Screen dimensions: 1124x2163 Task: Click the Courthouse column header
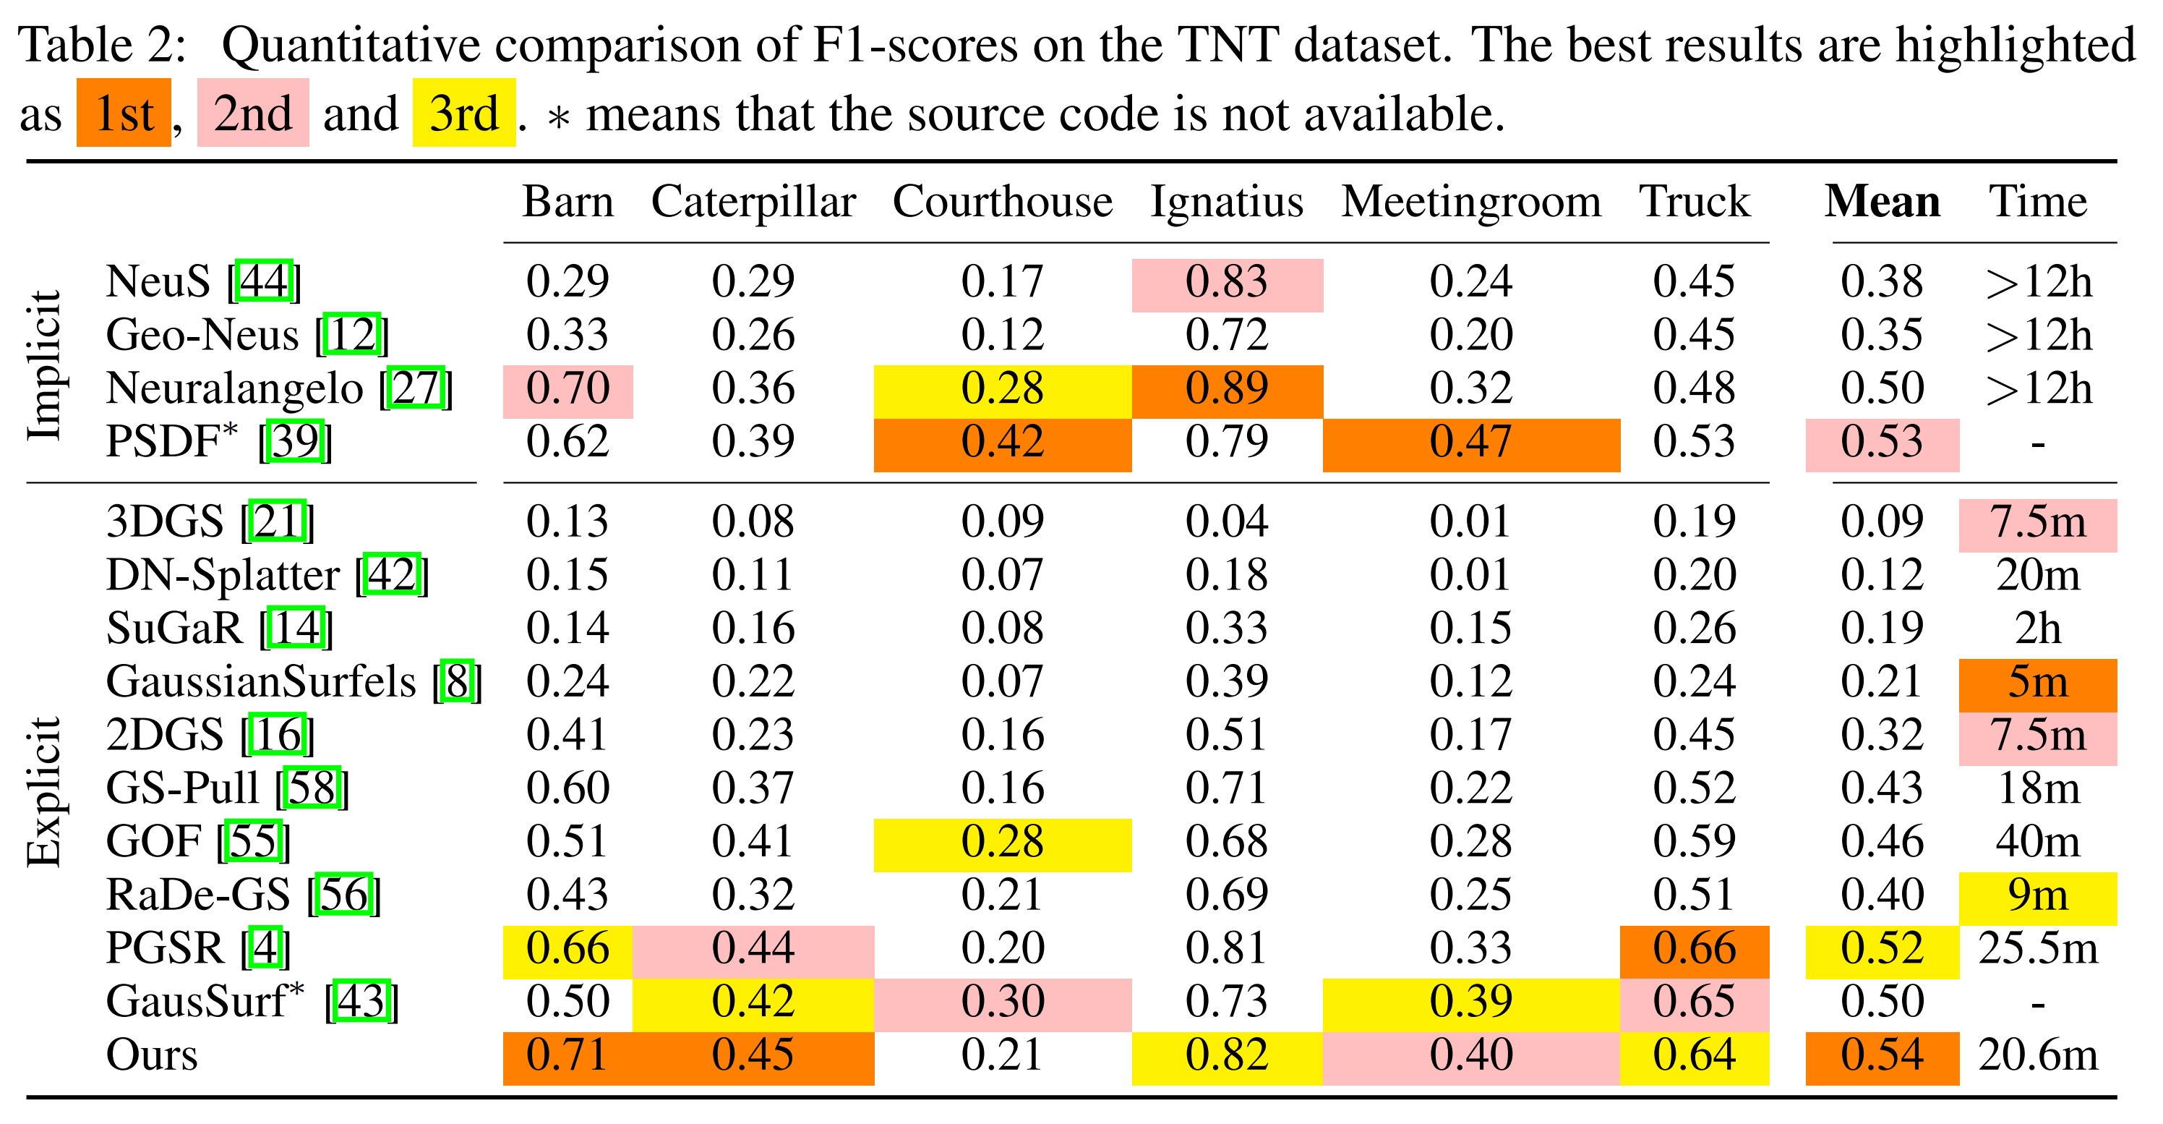tap(1002, 203)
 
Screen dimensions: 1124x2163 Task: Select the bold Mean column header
tap(1882, 203)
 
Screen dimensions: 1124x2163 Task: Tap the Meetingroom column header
tap(1470, 203)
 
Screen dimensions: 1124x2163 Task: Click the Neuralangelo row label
tap(234, 389)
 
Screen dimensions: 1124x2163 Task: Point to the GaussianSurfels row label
tap(260, 681)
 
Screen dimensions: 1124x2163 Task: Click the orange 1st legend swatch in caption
tap(124, 114)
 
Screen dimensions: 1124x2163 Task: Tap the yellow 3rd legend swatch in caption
tap(463, 114)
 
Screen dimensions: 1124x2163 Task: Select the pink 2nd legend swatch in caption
tap(253, 114)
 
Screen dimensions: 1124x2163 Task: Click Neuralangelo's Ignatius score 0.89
tap(1226, 389)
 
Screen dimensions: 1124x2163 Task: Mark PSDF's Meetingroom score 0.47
tap(1470, 443)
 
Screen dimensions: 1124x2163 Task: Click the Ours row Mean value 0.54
tap(1882, 1056)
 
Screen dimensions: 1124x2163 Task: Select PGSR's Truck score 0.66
tap(1694, 949)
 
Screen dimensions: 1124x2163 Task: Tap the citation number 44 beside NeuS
tap(264, 281)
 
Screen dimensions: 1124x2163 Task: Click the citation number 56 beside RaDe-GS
tap(343, 895)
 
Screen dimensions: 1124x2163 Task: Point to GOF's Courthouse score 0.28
tap(1002, 843)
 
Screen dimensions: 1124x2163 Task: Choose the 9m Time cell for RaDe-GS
tap(2037, 896)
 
